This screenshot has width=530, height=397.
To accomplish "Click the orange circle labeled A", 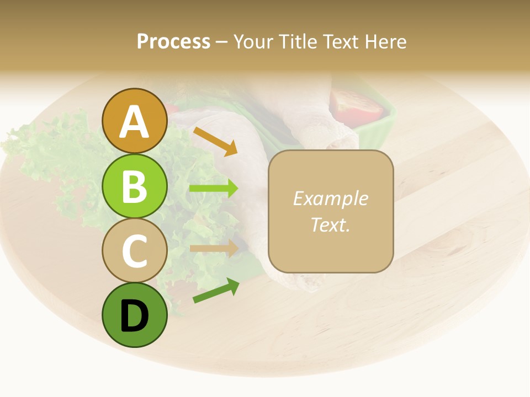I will pos(134,121).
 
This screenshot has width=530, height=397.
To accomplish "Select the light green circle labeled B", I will pos(134,186).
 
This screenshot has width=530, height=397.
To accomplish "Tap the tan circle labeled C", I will pos(134,250).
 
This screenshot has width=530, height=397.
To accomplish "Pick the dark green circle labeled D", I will pos(134,315).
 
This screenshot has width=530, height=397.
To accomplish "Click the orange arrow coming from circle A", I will pos(215,141).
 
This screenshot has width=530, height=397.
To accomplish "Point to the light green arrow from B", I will pos(214,189).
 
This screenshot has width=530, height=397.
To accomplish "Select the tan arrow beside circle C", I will pos(214,248).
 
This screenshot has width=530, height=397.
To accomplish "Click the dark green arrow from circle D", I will pos(216,291).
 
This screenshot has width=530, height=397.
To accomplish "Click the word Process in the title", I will pos(173,41).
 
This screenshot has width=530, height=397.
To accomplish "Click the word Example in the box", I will pos(330,198).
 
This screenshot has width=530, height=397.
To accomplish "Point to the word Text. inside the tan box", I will pos(330,224).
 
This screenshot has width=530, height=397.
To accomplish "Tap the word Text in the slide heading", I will pos(340,41).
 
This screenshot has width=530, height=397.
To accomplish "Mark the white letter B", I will pos(134,186).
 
